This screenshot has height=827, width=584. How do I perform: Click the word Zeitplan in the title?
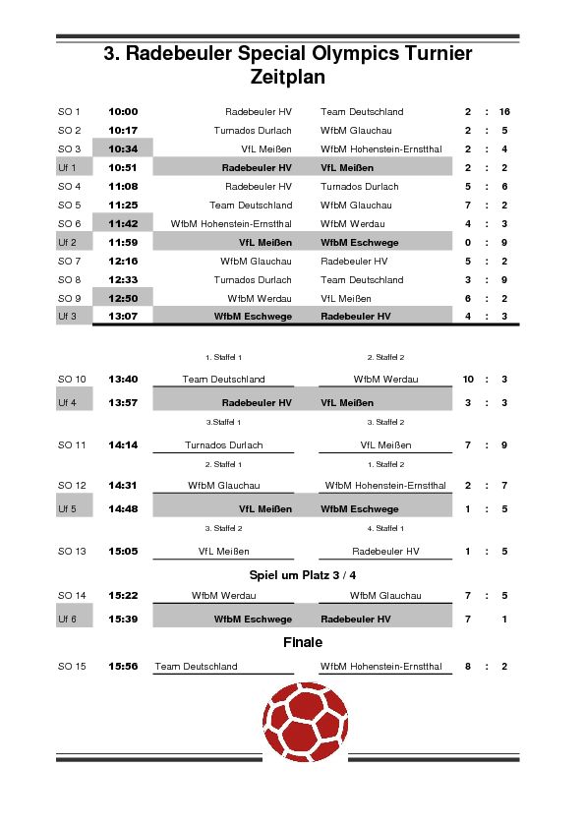click(287, 77)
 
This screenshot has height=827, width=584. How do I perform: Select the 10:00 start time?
click(123, 112)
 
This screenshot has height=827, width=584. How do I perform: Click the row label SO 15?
click(72, 667)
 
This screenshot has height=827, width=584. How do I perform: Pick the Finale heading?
click(303, 642)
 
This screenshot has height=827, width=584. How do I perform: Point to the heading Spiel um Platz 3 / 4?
click(303, 574)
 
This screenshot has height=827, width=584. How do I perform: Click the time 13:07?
click(123, 317)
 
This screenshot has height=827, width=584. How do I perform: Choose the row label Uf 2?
click(68, 242)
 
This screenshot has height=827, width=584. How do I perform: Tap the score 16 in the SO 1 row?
click(504, 112)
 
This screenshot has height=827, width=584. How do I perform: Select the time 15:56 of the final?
click(123, 667)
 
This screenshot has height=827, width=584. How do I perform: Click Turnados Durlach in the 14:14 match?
click(224, 445)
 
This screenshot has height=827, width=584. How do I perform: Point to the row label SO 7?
click(69, 262)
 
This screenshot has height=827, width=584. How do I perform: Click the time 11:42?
click(123, 224)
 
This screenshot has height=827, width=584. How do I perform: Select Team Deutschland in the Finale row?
click(197, 667)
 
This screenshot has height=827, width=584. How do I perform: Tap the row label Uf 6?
click(68, 620)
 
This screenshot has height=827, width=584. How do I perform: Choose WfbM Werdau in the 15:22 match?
click(224, 596)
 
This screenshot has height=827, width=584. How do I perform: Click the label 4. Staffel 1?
click(385, 529)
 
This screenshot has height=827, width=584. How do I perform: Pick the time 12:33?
click(123, 280)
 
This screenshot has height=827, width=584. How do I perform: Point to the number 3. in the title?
click(111, 54)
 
